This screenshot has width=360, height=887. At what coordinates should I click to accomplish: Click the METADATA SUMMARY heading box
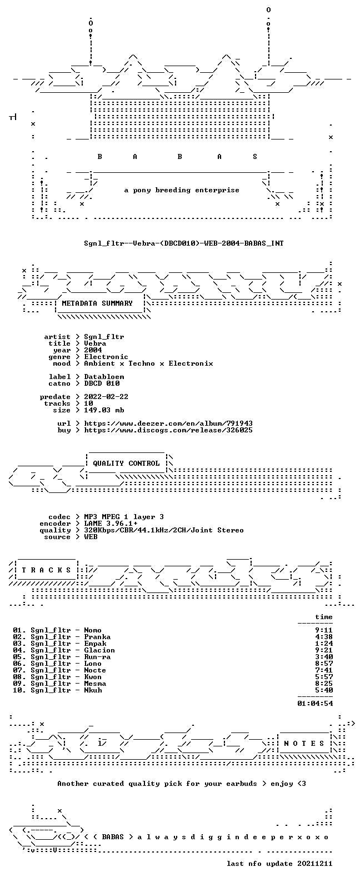[x=97, y=303]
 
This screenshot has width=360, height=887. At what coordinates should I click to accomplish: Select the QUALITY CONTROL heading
[x=126, y=464]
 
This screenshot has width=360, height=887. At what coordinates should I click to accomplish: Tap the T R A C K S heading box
[x=46, y=570]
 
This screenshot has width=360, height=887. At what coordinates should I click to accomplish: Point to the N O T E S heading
[x=304, y=743]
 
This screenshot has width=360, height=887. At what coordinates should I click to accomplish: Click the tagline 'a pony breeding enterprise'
[x=182, y=190]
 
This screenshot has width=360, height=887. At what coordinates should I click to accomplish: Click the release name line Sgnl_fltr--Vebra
[x=184, y=243]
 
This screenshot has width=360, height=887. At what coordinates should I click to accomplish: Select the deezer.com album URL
[x=168, y=423]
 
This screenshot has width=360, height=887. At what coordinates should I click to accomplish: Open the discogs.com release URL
[x=168, y=430]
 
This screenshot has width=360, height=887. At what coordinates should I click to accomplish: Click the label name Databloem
[x=104, y=377]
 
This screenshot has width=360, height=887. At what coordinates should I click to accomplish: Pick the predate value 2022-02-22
[x=106, y=397]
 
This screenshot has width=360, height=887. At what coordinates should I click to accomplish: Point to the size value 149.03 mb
[x=104, y=410]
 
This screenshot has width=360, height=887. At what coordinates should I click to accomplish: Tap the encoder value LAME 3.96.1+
[x=111, y=524]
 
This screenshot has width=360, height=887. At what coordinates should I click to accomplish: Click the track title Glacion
[x=99, y=650]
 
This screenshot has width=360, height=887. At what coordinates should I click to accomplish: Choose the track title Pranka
[x=97, y=637]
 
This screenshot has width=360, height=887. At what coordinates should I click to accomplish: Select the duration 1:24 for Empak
[x=324, y=644]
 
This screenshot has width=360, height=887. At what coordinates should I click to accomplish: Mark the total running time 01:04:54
[x=315, y=703]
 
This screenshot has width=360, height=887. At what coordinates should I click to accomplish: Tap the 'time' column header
[x=324, y=617]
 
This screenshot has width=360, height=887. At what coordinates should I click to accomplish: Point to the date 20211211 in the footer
[x=315, y=864]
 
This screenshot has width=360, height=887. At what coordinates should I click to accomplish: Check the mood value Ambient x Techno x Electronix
[x=148, y=363]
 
